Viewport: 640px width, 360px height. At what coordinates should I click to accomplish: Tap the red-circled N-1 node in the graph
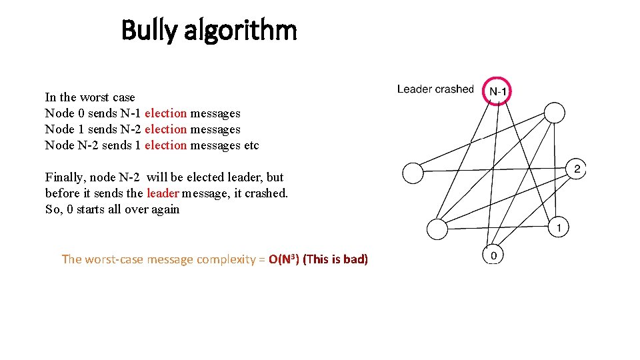(x=497, y=90)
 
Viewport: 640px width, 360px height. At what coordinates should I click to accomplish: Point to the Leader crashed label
(x=435, y=89)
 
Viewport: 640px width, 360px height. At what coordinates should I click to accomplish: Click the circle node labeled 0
(x=493, y=255)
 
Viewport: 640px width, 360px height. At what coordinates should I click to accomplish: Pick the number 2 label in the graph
(x=578, y=168)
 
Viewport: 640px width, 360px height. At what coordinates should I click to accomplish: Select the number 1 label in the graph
(x=559, y=229)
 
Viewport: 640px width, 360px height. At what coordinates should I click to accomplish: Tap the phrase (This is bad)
(x=335, y=259)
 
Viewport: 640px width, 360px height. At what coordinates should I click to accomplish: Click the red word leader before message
(x=163, y=193)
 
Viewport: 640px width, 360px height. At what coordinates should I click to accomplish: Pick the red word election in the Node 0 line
(x=165, y=113)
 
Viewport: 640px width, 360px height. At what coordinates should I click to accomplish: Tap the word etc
(x=251, y=145)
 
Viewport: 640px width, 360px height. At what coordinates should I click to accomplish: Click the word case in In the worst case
(x=123, y=97)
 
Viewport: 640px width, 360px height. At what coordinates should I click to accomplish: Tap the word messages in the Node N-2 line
(x=215, y=145)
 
